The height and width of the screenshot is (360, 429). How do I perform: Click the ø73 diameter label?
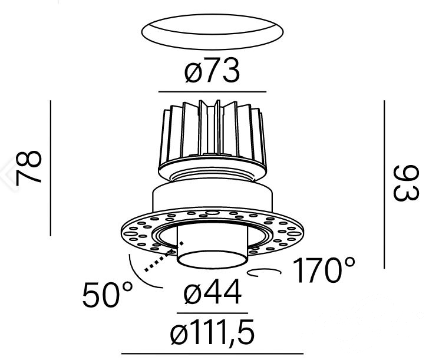point(212,71)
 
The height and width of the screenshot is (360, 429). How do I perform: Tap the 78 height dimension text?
point(28,168)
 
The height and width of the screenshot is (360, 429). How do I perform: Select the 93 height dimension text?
point(406,183)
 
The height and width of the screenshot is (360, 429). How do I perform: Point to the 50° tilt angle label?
point(107,295)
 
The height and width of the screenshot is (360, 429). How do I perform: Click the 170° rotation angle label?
point(324,270)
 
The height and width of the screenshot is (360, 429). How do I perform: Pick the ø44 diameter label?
point(213,292)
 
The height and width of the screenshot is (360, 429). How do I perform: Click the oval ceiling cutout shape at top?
point(212,32)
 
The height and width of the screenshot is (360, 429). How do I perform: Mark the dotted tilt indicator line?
point(164,257)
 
